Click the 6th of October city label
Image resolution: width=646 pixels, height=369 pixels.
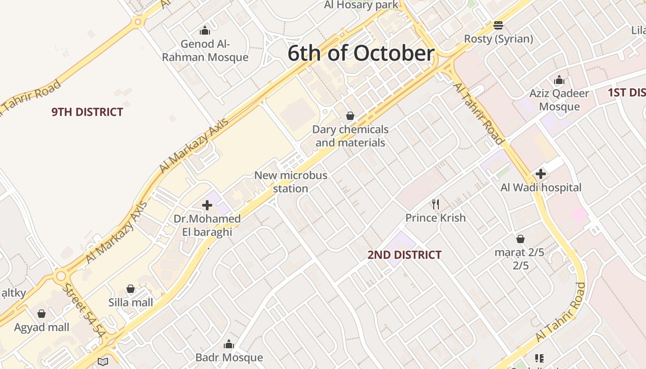pos(361,53)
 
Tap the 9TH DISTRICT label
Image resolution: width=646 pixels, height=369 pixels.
pos(87,112)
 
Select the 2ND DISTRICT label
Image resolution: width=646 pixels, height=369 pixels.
pos(404,255)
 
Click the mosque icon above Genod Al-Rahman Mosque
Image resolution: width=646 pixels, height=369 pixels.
pos(205,31)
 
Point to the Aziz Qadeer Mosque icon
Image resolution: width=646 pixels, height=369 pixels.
pos(559,80)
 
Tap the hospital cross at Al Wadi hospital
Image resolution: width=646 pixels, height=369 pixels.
pos(541,174)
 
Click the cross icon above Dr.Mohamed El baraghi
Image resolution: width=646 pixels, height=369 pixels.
pos(207,205)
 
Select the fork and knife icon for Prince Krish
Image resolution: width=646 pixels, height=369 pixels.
pos(435,204)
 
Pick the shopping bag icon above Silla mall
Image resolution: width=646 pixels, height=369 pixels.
pos(131,289)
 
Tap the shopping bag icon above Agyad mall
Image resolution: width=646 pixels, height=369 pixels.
pos(42,314)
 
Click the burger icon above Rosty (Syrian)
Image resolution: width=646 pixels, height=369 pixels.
pos(498,25)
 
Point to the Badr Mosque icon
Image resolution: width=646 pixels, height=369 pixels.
pos(229,344)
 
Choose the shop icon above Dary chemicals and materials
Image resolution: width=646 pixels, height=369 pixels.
pos(350,116)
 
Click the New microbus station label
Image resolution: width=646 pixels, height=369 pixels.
pos(291,182)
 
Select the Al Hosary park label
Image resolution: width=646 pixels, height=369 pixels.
pos(361,5)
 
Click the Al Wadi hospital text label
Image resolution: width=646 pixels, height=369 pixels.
pos(541,188)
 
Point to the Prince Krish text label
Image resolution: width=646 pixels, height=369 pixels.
pos(436,218)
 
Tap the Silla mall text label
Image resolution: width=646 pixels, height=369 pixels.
pos(131,303)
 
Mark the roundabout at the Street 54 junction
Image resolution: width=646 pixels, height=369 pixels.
pos(60,276)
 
